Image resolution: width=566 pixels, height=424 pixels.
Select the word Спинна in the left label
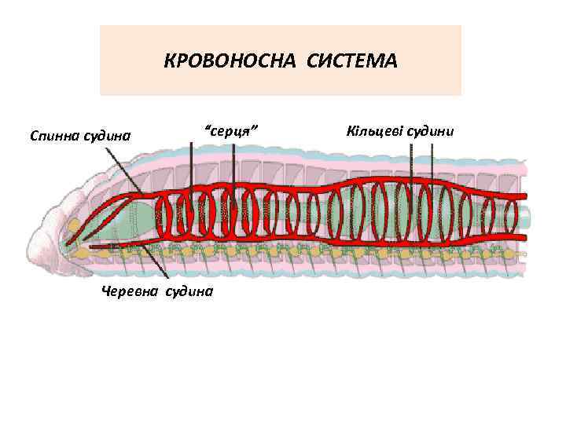[53, 136]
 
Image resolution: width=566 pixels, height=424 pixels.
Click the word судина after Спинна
[106, 136]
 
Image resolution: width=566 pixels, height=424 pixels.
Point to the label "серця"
[232, 130]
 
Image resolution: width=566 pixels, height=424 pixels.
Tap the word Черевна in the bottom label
[128, 291]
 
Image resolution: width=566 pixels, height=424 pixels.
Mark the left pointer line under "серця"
[191, 169]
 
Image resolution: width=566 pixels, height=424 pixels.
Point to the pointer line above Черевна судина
[156, 263]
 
